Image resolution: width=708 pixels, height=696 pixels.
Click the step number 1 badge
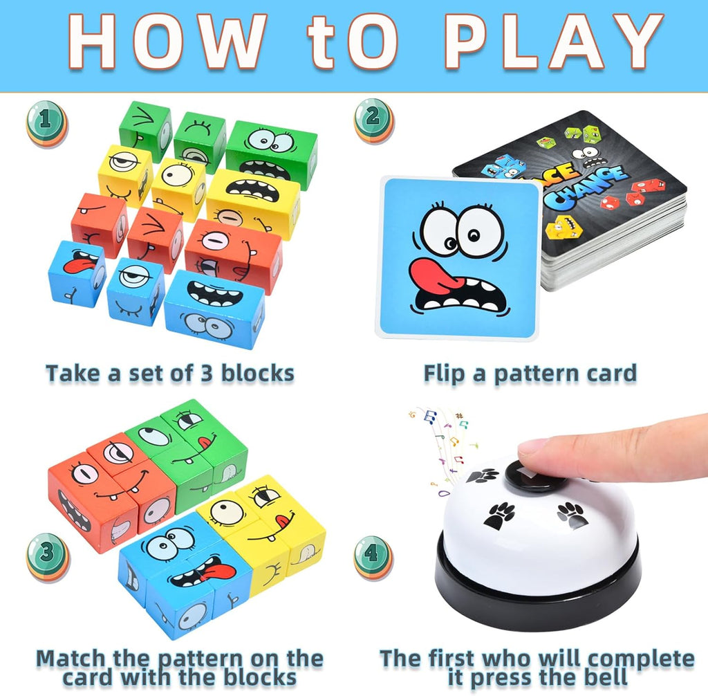(x=46, y=123)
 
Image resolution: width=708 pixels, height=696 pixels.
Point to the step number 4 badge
(x=373, y=557)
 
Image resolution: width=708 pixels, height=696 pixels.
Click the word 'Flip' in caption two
(x=446, y=374)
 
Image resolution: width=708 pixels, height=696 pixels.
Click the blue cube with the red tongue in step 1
(x=76, y=271)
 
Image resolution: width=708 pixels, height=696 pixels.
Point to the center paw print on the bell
(x=499, y=515)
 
